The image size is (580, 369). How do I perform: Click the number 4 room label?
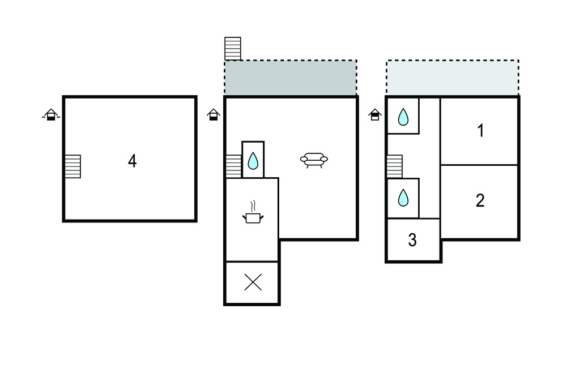(132, 161)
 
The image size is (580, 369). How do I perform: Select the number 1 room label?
(480, 131)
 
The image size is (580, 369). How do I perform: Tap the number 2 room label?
(480, 200)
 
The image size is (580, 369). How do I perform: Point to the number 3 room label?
(412, 241)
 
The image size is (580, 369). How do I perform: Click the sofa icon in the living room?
(314, 160)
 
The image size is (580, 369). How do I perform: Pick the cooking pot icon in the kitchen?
(253, 217)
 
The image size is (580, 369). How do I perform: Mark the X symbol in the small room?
(253, 282)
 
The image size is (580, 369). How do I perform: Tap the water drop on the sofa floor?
(253, 161)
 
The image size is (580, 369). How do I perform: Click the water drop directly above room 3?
(403, 198)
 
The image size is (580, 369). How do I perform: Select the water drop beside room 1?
(403, 117)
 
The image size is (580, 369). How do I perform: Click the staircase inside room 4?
(72, 166)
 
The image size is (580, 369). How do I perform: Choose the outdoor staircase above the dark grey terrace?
(233, 49)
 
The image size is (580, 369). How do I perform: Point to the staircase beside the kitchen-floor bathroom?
(233, 166)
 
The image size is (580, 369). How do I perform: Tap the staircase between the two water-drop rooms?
(394, 166)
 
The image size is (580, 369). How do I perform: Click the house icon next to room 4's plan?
(51, 115)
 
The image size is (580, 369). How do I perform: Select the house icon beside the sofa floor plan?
(213, 115)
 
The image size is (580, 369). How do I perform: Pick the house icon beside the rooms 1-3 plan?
(375, 115)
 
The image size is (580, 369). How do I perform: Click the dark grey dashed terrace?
(291, 78)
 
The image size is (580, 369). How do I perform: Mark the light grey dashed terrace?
(452, 78)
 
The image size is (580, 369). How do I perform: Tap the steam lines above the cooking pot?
(253, 204)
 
